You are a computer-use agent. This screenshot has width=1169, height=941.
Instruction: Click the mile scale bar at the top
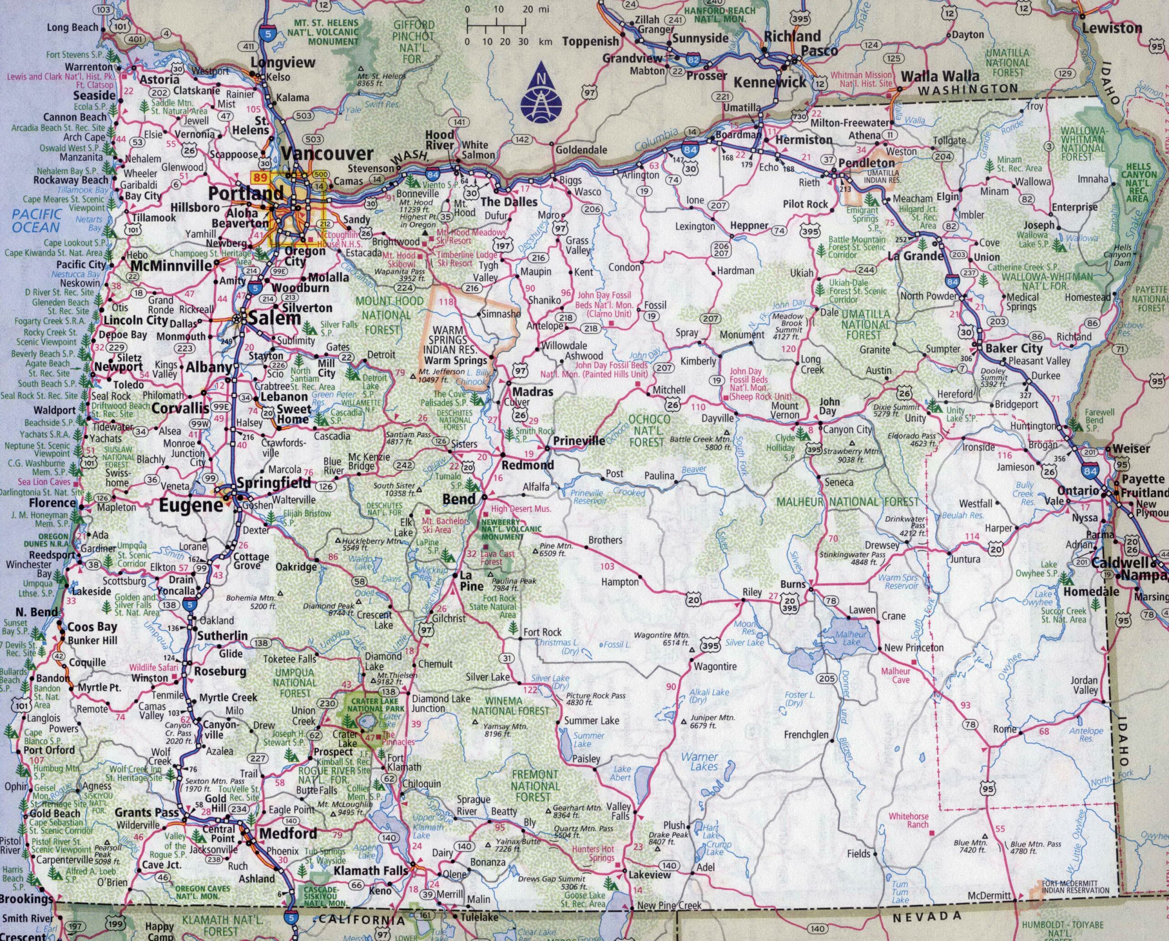[x=495, y=24]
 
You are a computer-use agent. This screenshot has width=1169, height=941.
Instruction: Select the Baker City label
[x=1013, y=348]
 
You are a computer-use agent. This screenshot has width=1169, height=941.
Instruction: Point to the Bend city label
[x=459, y=499]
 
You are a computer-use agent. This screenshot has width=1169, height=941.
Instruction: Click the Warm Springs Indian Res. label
[x=455, y=345]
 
